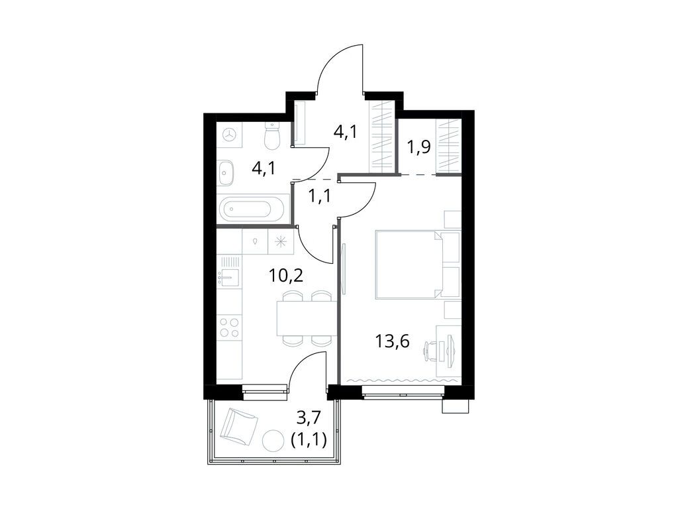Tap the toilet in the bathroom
[x=272, y=137]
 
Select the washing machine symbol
[x=230, y=135]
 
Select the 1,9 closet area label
[x=418, y=146]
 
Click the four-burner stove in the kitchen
[x=230, y=327]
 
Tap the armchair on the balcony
[x=238, y=427]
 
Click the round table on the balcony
[x=273, y=439]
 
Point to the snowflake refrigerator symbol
[x=281, y=241]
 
